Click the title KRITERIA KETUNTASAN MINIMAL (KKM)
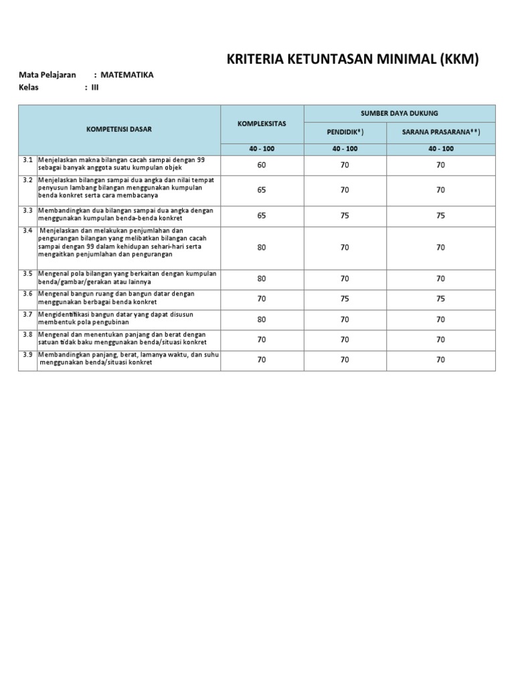click(x=354, y=60)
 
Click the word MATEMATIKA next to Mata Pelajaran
click(x=127, y=75)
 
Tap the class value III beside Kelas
click(x=94, y=88)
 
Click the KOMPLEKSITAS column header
click(x=262, y=124)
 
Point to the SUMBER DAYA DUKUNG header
click(x=400, y=113)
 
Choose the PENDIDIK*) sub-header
click(x=345, y=132)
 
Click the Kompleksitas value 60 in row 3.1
click(x=262, y=165)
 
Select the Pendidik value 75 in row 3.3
click(x=345, y=216)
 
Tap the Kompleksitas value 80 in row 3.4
click(x=262, y=247)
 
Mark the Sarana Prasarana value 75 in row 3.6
click(x=441, y=299)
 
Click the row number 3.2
click(x=27, y=180)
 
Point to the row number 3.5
click(x=27, y=273)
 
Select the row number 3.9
click(x=27, y=354)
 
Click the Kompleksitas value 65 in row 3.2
click(x=262, y=190)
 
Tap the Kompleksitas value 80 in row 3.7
click(x=262, y=320)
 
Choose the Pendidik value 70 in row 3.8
click(x=345, y=340)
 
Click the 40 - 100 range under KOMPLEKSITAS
click(x=262, y=149)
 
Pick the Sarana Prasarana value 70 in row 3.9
click(x=441, y=360)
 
